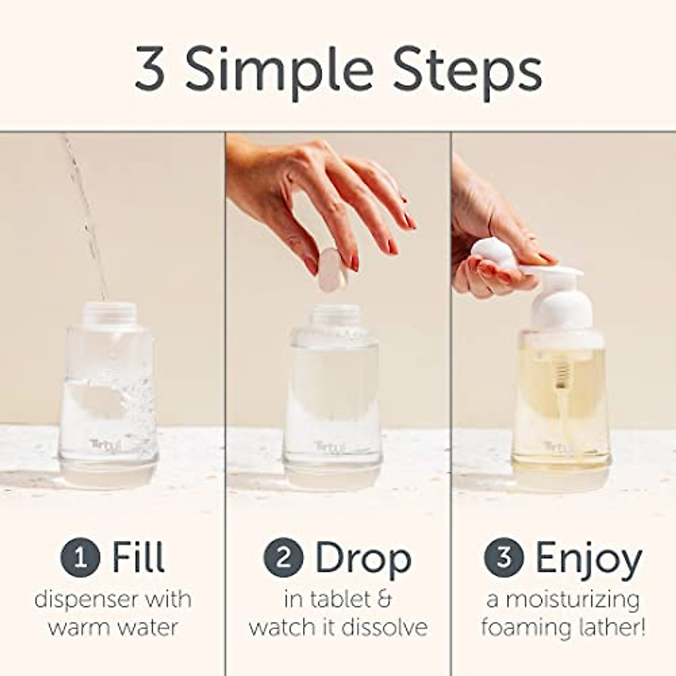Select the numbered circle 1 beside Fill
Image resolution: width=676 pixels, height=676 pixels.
point(81,558)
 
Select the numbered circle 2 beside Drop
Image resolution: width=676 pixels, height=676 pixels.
point(283,558)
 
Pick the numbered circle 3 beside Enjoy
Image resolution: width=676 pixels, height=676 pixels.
point(504,558)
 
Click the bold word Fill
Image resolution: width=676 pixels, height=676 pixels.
point(138,557)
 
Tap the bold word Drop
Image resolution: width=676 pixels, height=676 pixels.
point(363,558)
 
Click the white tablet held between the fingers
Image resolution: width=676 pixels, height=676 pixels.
point(332,269)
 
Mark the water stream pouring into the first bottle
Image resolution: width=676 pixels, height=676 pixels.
point(84,214)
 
